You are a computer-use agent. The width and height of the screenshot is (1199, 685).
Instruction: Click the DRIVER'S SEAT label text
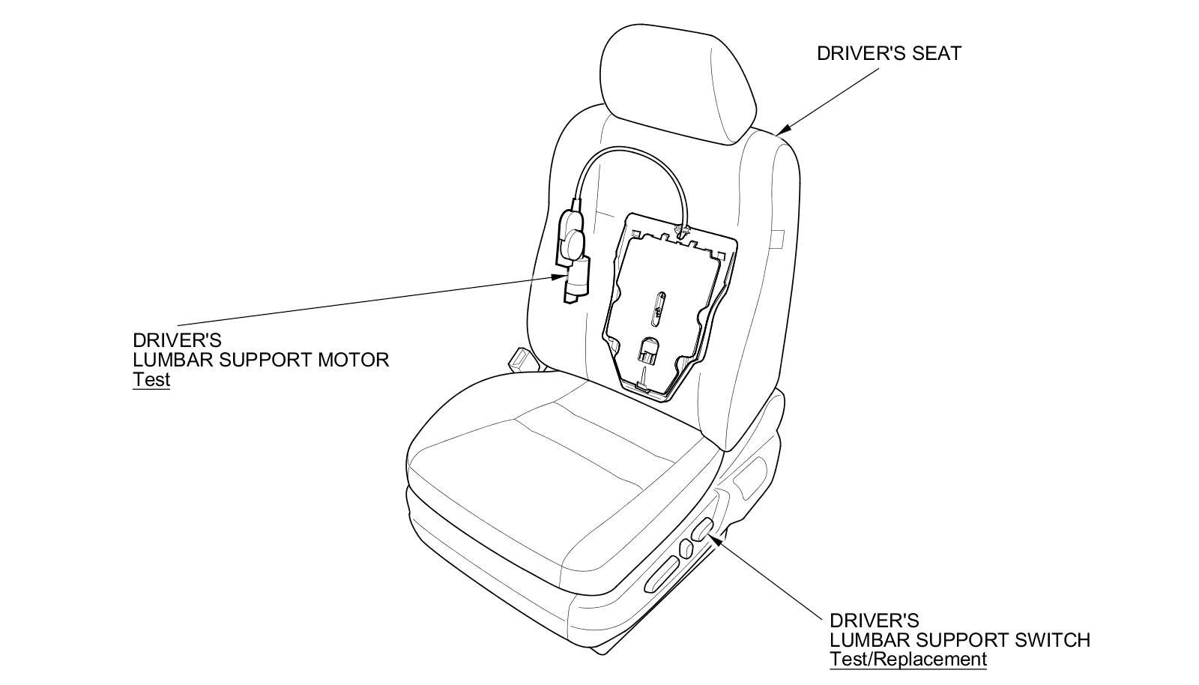click(888, 53)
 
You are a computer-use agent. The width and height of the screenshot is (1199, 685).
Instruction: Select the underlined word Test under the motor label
click(151, 379)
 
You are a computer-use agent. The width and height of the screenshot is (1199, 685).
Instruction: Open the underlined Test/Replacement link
click(907, 660)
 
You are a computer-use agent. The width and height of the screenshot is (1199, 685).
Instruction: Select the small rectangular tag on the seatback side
click(777, 239)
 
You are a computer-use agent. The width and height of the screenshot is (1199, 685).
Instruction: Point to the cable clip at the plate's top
click(683, 228)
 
